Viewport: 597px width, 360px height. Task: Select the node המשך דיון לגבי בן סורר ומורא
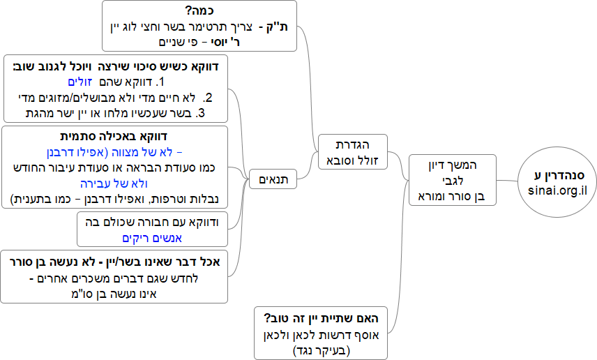453,180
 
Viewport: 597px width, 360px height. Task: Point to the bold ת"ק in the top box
297,27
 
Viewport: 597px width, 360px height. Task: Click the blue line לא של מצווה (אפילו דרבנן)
119,151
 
